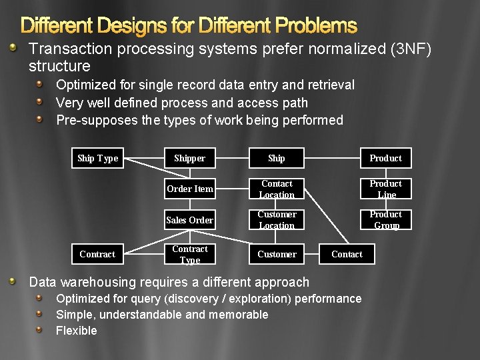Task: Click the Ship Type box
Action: tap(97, 158)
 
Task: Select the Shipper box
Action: tap(189, 158)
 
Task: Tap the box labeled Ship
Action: tap(277, 158)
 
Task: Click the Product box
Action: tap(386, 158)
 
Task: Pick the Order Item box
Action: tap(189, 189)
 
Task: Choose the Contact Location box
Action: tap(277, 189)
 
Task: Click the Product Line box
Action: tap(386, 189)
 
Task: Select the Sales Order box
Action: tap(189, 220)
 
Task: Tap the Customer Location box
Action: tap(277, 220)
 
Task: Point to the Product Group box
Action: tap(386, 220)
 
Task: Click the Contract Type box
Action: tap(189, 254)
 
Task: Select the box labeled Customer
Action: tap(277, 254)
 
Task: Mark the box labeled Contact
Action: tap(347, 254)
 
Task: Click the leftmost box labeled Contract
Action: tap(97, 254)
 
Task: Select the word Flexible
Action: tap(76, 331)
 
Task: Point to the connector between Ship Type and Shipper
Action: tap(144, 158)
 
